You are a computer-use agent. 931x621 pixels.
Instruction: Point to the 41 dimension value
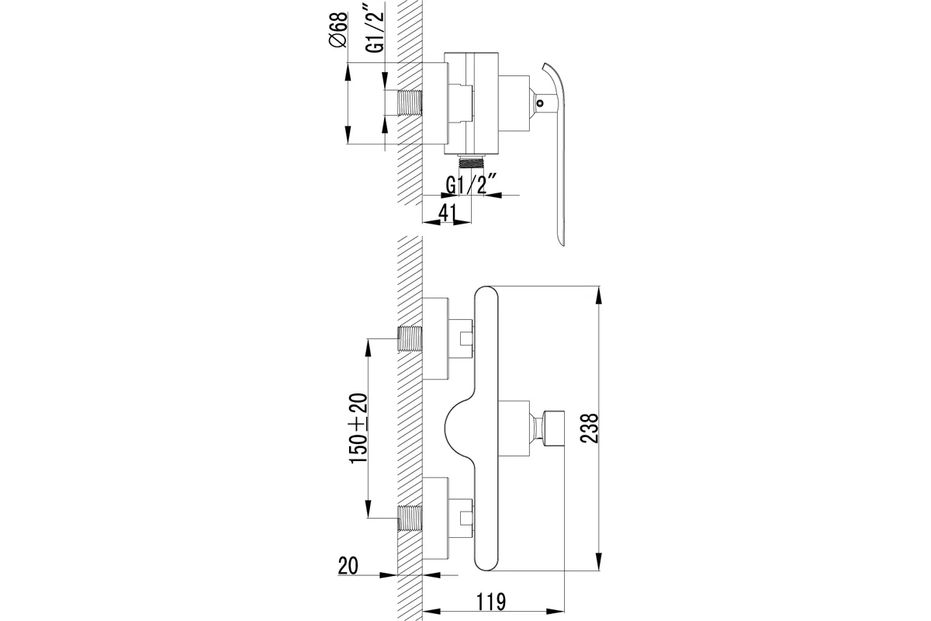point(447,213)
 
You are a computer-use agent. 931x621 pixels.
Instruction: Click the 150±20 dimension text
point(358,428)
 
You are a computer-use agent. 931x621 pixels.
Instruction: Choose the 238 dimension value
point(590,428)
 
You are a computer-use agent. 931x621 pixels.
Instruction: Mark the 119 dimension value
point(490,602)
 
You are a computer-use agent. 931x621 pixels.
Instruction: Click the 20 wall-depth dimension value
point(348,566)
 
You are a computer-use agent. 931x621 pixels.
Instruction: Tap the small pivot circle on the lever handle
point(539,102)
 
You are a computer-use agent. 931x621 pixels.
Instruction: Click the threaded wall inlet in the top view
point(410,102)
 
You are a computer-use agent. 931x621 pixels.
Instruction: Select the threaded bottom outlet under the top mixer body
point(472,161)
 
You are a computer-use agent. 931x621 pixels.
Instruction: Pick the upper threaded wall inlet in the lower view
point(410,338)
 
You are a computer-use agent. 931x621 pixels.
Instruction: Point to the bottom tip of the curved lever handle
point(562,245)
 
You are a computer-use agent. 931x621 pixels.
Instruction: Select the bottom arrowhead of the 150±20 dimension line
point(368,509)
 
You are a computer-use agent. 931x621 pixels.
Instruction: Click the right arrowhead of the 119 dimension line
point(556,612)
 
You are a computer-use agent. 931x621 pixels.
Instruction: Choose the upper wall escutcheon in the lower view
point(435,338)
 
